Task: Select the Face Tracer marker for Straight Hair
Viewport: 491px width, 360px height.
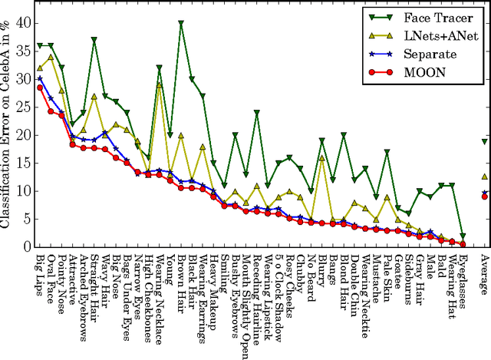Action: coord(94,39)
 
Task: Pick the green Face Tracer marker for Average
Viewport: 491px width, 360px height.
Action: coord(484,141)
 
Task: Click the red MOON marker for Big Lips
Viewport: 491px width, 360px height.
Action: coord(40,88)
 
